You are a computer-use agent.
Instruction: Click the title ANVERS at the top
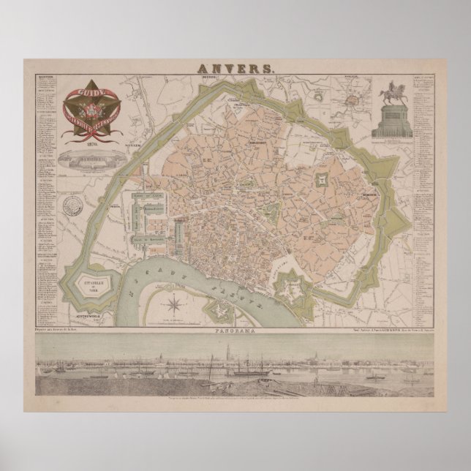pos(236,68)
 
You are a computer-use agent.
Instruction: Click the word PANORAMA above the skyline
pos(235,331)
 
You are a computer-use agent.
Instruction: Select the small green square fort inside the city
pos(322,178)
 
